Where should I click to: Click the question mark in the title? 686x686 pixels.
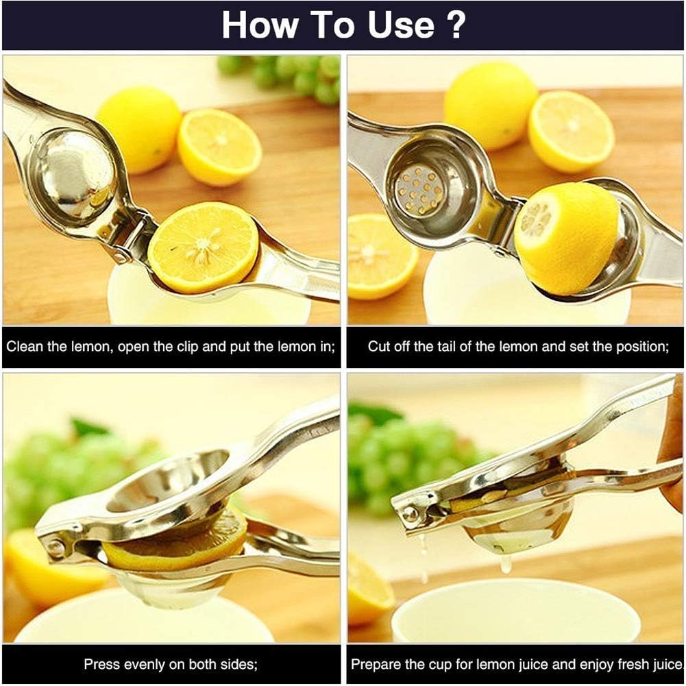coord(456,25)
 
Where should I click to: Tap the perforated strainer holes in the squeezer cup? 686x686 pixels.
coord(419,189)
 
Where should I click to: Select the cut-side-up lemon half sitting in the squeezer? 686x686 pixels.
coord(204,246)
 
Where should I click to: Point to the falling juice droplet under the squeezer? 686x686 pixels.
coord(506,563)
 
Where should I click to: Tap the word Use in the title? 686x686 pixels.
coord(397,25)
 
